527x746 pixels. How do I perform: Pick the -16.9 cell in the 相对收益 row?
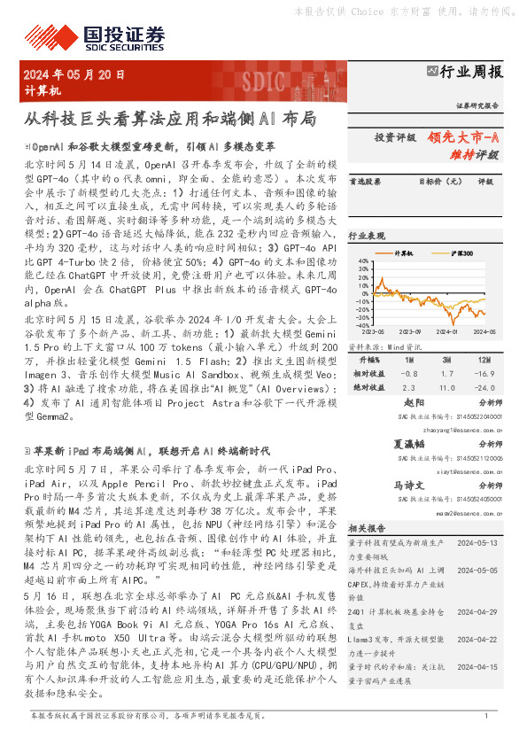484,375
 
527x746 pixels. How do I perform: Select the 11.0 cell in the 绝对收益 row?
446,388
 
